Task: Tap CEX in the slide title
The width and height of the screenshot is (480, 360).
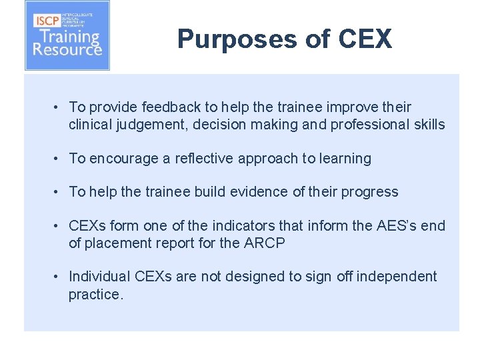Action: click(x=365, y=39)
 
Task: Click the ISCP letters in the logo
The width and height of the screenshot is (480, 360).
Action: click(x=47, y=20)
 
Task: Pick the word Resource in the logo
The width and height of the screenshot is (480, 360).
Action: click(x=67, y=49)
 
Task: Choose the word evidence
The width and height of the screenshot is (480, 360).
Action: click(x=248, y=192)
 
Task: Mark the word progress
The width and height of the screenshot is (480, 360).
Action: click(x=369, y=192)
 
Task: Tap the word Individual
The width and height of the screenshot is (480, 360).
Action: click(x=99, y=277)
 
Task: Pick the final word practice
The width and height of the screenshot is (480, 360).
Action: click(x=96, y=294)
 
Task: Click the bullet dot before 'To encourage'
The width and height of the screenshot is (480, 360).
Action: click(x=59, y=159)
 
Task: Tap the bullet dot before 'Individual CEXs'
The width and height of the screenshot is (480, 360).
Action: click(x=59, y=277)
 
